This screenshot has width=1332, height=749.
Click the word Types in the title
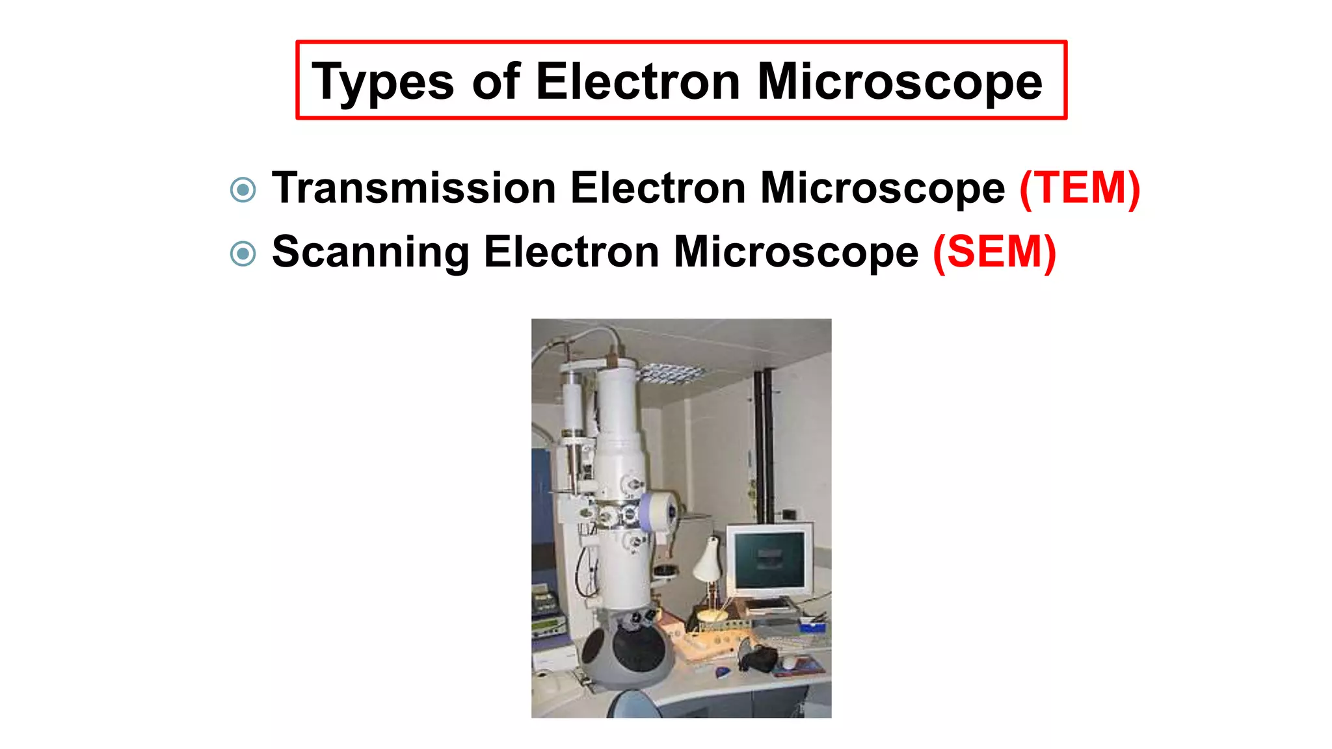point(382,83)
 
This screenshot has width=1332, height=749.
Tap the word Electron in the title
point(638,81)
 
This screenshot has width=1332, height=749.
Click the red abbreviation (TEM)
point(1080,189)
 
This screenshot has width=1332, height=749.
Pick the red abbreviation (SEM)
point(994,252)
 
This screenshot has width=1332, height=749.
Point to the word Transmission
point(414,189)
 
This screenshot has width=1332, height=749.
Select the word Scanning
point(371,252)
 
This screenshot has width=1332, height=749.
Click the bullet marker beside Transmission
point(243,190)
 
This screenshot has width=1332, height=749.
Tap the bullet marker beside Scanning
point(243,254)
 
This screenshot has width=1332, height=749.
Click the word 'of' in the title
point(496,81)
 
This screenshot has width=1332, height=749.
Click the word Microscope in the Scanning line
point(795,252)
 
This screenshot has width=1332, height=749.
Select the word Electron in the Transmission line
point(658,189)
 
